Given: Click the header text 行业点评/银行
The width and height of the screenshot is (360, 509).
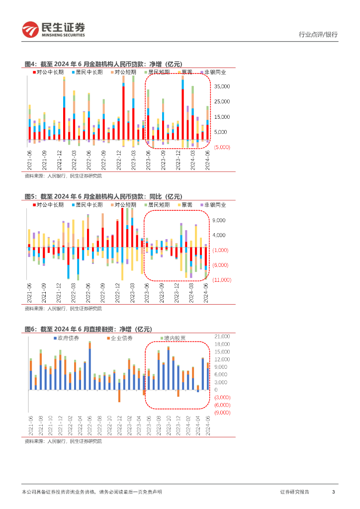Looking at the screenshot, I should [318, 34].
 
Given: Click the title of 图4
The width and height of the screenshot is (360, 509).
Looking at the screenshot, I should [103, 64].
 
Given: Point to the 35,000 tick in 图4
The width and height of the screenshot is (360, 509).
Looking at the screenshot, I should [221, 86].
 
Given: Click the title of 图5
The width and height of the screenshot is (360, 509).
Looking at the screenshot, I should [103, 196].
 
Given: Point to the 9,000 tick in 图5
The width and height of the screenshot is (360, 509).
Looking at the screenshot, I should [219, 220].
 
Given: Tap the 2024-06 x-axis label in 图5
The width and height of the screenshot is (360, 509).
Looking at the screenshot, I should [206, 292].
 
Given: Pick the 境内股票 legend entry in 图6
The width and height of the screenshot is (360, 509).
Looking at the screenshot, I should [176, 338].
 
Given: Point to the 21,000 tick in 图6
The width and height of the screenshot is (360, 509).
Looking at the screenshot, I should [222, 337].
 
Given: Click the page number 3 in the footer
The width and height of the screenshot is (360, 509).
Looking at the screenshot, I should [333, 492].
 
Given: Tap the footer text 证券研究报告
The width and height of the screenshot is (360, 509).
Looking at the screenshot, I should [294, 492].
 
